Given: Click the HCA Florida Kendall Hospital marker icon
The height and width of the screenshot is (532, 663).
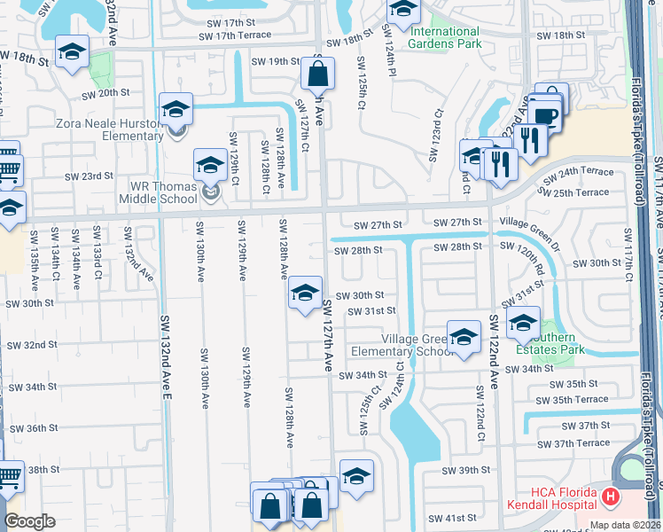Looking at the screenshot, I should click(609, 498).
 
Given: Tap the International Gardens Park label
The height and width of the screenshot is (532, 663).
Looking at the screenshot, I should click(445, 37).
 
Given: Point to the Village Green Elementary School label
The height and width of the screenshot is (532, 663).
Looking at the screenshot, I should click(417, 345).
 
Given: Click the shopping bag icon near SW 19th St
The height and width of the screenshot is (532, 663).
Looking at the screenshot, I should click(317, 74).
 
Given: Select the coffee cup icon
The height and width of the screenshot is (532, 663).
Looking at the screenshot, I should click(545, 115).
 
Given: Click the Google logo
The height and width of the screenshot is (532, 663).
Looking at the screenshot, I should click(29, 521).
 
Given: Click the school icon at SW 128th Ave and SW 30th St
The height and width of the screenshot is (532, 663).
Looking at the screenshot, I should click(304, 293).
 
